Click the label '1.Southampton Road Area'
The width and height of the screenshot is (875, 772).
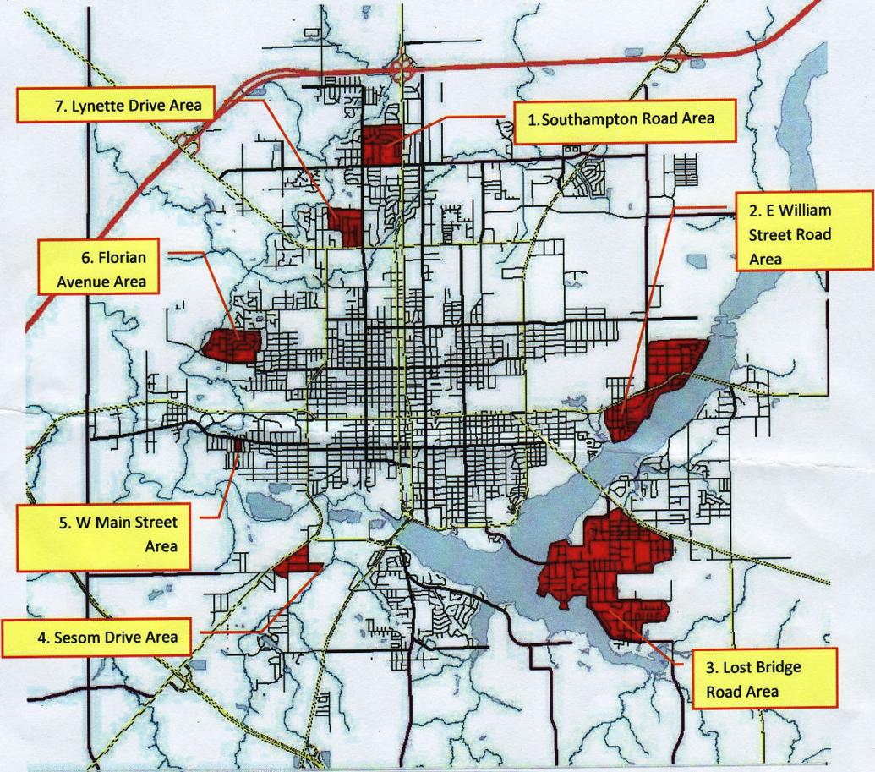point(621,119)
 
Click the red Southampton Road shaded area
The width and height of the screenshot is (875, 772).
point(381,144)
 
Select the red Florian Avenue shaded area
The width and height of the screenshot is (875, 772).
point(231,345)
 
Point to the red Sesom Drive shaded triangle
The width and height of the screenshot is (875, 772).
point(297,561)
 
